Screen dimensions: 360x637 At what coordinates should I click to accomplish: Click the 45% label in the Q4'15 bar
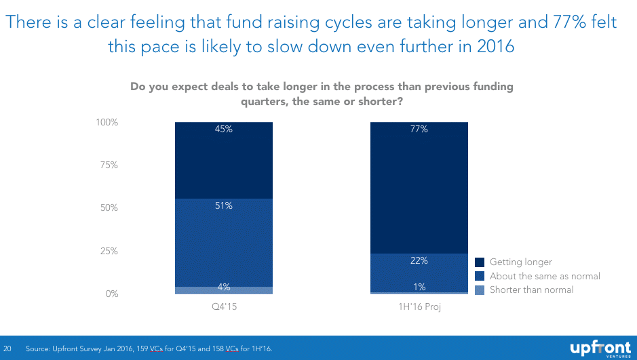click(224, 129)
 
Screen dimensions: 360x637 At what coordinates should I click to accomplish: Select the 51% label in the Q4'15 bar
click(224, 206)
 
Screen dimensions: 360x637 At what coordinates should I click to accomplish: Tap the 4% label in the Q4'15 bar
click(224, 287)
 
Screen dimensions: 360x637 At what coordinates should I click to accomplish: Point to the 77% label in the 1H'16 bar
click(419, 129)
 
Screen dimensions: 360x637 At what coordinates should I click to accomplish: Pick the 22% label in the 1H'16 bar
click(419, 261)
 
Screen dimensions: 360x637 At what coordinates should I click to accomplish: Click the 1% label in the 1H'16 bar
click(419, 287)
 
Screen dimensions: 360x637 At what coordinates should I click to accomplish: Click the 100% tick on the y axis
click(107, 123)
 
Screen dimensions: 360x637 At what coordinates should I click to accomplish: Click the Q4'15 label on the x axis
click(224, 307)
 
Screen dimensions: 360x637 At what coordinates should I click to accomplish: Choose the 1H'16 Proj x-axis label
click(419, 307)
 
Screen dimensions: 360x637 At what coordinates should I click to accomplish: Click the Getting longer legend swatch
click(480, 262)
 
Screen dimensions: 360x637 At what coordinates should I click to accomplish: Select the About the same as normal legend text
click(545, 276)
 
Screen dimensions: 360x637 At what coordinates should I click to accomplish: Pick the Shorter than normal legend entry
click(531, 289)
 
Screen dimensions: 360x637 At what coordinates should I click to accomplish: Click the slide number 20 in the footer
click(9, 348)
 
